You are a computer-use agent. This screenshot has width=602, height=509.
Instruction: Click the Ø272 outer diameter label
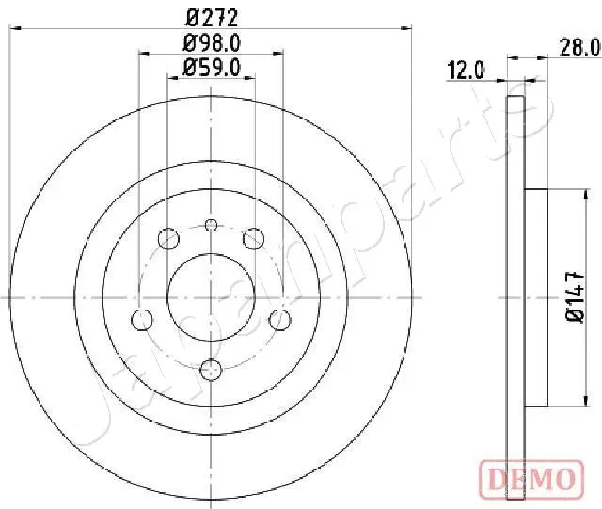[x=211, y=16]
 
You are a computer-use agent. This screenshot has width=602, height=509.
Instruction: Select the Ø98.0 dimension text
[x=211, y=41]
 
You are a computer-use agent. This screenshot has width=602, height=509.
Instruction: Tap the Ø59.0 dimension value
[x=212, y=67]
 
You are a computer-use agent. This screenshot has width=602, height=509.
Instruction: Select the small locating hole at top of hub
[x=211, y=224]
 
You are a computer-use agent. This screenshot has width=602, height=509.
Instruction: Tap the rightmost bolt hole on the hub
[x=278, y=318]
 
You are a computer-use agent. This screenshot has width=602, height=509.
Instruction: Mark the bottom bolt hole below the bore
[x=211, y=367]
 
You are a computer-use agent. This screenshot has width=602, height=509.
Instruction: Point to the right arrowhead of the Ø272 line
[x=409, y=30]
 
